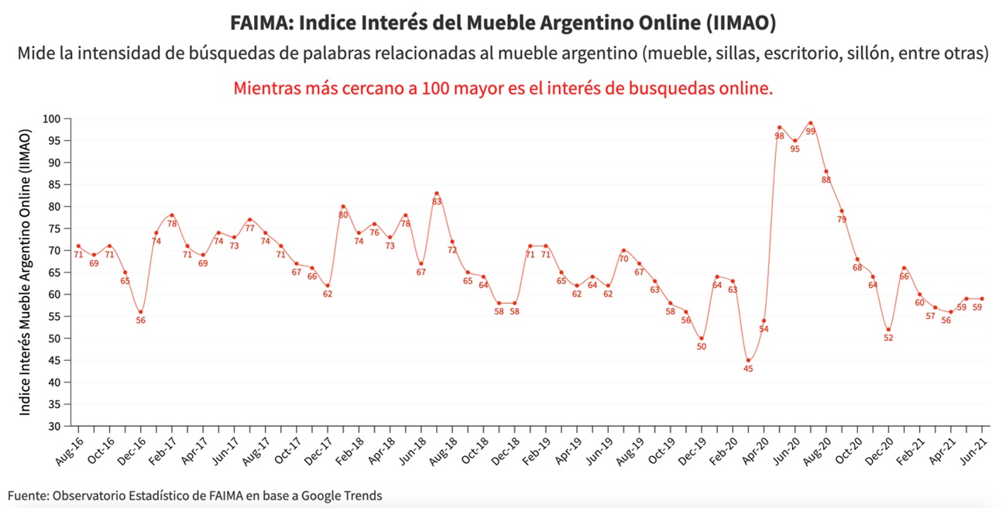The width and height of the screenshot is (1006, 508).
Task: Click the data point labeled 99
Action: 810,123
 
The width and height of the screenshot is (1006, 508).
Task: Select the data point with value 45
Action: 748,360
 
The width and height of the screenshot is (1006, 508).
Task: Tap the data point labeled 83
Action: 437,193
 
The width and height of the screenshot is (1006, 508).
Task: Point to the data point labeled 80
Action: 343,207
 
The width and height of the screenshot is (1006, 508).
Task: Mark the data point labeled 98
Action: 779,128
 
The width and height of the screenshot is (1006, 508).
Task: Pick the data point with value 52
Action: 888,329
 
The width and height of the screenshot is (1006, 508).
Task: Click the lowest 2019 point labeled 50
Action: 702,338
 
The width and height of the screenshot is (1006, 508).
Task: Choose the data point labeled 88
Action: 826,171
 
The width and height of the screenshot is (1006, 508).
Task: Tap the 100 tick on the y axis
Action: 52,119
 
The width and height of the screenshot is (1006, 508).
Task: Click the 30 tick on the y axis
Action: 55,426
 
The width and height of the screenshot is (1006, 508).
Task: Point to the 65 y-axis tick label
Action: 55,273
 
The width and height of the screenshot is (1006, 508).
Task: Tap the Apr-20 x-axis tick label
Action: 755,450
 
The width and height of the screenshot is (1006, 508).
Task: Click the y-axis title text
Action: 26,273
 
